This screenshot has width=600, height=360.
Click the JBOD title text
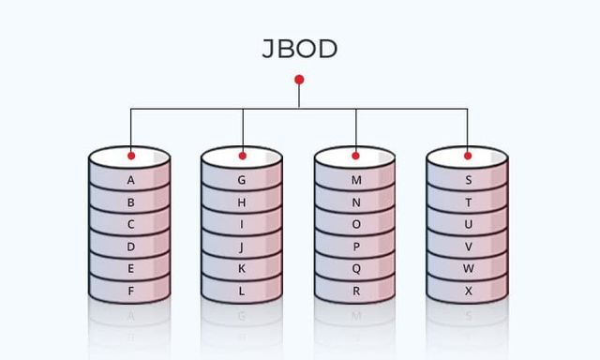[x=299, y=50]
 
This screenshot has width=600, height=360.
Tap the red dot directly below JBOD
[x=299, y=80]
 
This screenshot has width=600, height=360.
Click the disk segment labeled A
[x=130, y=180]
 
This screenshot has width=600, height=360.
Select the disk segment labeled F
[x=130, y=291]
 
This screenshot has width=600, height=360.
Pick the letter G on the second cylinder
[x=242, y=180]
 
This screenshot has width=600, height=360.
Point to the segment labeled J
[x=242, y=247]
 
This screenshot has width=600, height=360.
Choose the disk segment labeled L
[x=242, y=291]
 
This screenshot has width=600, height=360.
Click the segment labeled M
[x=355, y=180]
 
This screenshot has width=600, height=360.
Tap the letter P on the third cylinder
[x=355, y=247]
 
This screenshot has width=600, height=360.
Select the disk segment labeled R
[x=355, y=291]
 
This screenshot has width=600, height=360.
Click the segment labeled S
[x=468, y=180]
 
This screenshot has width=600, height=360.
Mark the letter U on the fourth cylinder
[x=468, y=225]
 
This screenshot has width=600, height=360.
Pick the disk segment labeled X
[x=468, y=291]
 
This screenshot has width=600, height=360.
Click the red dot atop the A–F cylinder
[x=131, y=156]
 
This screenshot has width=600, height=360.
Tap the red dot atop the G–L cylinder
[x=243, y=156]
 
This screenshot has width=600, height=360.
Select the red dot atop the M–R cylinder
[x=355, y=156]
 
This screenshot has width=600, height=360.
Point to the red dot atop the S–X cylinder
[x=468, y=156]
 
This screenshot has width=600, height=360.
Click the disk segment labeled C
[x=130, y=225]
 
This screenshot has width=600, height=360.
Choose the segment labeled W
[x=468, y=269]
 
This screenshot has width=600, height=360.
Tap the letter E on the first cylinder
[x=130, y=269]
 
